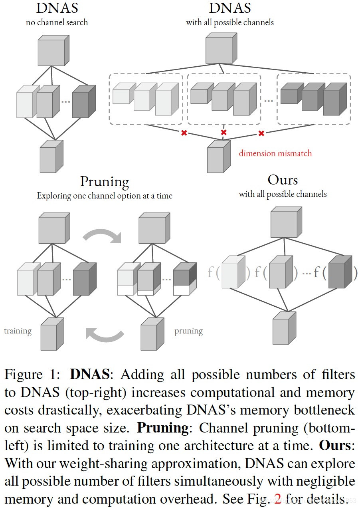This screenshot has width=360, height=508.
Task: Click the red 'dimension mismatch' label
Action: [275, 153]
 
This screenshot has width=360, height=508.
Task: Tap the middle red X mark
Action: [224, 132]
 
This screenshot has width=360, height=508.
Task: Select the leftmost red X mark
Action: [184, 133]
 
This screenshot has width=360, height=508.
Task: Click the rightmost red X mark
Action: [261, 133]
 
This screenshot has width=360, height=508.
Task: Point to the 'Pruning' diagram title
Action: [105, 182]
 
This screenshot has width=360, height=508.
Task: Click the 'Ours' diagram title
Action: [283, 180]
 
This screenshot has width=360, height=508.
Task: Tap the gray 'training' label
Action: [18, 331]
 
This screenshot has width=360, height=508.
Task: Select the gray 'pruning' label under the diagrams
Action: [189, 331]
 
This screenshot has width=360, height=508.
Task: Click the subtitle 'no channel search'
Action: [57, 22]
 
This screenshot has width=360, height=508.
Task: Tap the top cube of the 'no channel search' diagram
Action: [53, 51]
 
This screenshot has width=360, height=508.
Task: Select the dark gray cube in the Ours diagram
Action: [340, 272]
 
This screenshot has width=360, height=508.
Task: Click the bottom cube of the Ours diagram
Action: [284, 328]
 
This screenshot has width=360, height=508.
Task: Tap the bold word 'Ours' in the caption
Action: [335, 445]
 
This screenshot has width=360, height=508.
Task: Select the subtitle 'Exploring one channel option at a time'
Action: [105, 196]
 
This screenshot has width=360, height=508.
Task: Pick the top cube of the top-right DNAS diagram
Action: [221, 48]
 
